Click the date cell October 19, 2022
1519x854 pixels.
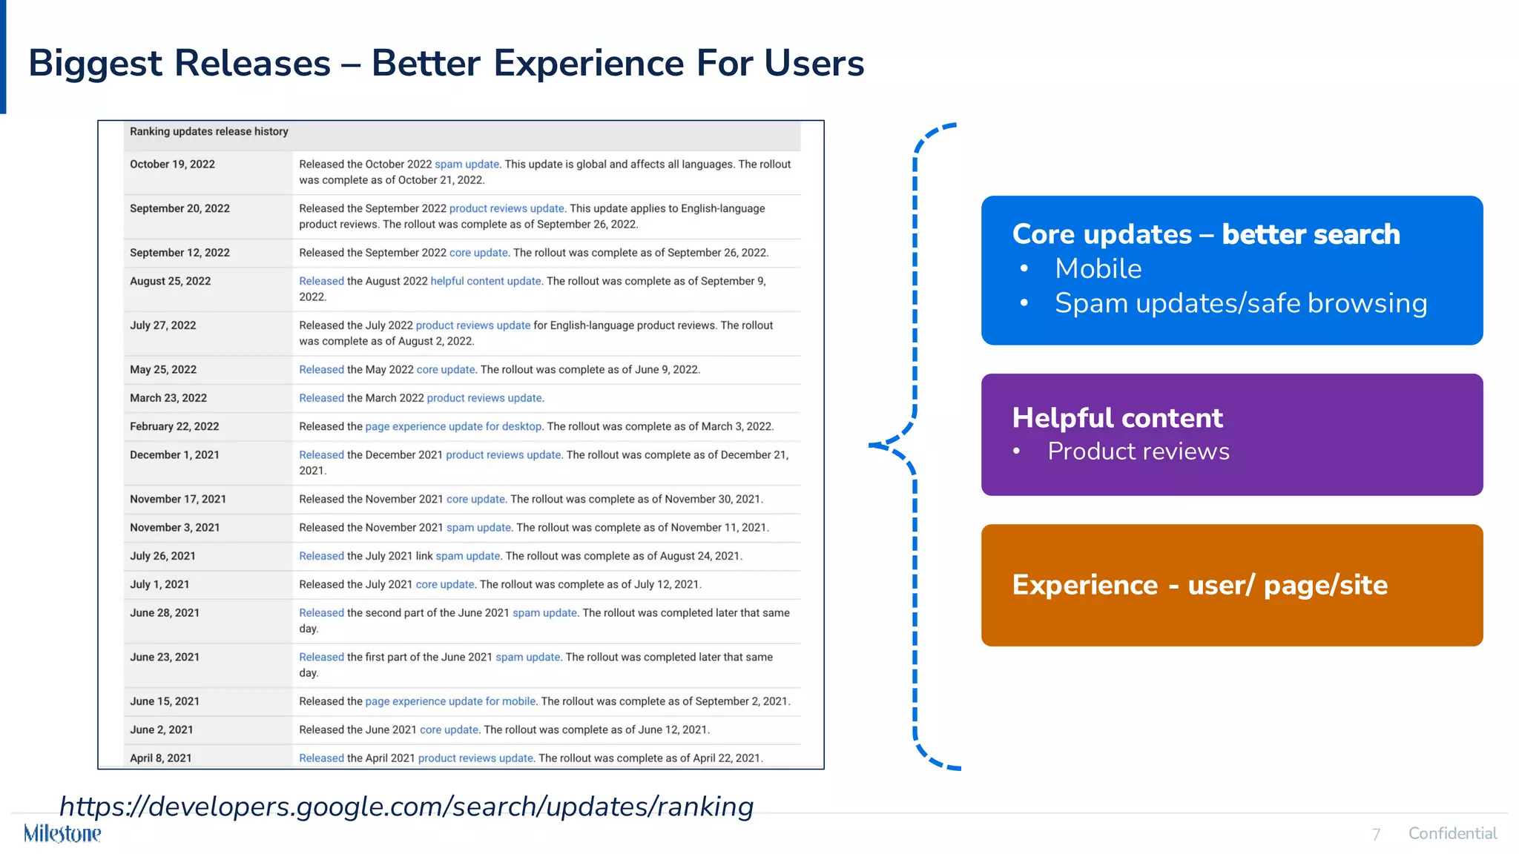[172, 165]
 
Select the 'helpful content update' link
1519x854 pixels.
[486, 281]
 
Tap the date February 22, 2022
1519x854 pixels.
[174, 426]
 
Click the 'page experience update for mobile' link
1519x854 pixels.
[450, 701]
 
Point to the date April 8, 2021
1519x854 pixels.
[161, 758]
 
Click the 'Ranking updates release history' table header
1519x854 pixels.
[209, 132]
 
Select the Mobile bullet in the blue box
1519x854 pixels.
[1098, 268]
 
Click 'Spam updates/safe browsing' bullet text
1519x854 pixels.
[1240, 303]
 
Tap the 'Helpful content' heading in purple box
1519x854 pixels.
[1117, 418]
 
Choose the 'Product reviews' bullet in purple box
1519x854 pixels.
[1138, 451]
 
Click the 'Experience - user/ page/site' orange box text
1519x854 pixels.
[1199, 585]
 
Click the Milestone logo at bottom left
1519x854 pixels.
[62, 833]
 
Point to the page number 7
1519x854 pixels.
[1376, 835]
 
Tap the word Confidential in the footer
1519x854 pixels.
[1452, 833]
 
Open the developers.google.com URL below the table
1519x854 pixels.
[406, 807]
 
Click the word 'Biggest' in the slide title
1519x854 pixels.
[95, 64]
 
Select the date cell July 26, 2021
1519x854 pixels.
[162, 556]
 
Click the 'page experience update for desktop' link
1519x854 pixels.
[453, 426]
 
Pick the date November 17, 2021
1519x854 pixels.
[178, 499]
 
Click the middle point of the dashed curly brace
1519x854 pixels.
[875, 445]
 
